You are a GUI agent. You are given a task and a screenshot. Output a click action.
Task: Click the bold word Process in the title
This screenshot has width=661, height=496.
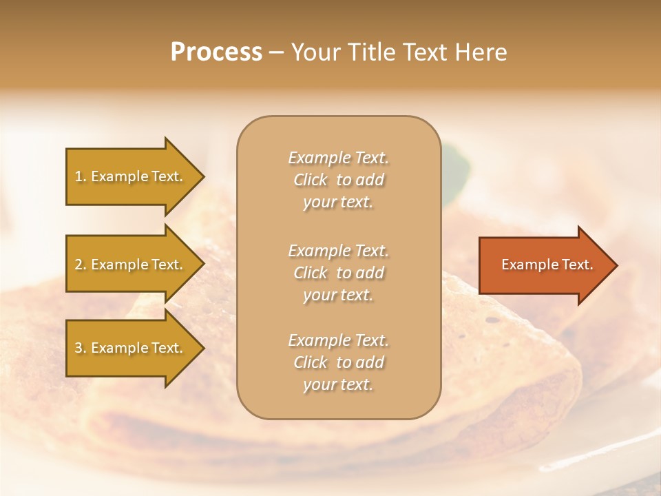[216, 52]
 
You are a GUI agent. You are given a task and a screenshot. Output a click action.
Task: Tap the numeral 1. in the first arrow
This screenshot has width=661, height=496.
[81, 176]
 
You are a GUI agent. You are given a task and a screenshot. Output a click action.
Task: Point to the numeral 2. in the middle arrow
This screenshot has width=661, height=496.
[81, 265]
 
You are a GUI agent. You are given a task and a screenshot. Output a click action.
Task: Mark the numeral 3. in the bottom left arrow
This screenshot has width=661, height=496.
[81, 348]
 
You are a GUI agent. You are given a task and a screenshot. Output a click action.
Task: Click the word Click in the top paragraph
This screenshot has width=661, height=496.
[311, 180]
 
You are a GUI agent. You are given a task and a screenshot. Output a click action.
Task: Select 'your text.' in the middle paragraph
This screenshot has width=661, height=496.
[338, 295]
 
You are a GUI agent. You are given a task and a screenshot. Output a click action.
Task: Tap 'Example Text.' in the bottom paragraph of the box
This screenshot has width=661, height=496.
[338, 340]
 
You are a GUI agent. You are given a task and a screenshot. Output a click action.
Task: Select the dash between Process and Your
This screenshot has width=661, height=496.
[276, 52]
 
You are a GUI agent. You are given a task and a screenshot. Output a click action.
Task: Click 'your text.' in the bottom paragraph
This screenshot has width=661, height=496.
[338, 384]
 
